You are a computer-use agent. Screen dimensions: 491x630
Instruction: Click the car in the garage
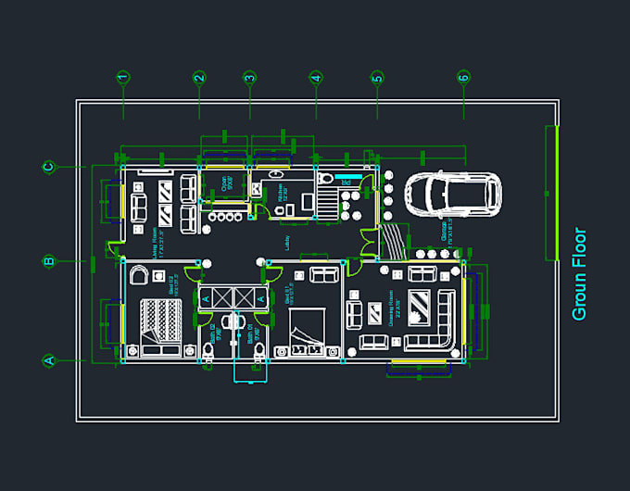452,194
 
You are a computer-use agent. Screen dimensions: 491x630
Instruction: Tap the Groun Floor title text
579,274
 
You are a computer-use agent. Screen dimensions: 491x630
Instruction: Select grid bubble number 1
123,78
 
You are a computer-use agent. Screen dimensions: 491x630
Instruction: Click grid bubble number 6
463,78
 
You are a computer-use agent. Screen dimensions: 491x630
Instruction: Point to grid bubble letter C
48,167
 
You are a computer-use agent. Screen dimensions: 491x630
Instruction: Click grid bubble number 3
249,78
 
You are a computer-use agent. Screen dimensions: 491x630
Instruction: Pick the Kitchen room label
281,194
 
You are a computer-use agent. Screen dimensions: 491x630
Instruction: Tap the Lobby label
288,243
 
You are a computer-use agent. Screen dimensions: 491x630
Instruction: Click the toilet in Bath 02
208,350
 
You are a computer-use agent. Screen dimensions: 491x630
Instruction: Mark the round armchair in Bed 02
139,274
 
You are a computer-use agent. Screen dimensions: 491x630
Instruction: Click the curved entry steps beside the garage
394,243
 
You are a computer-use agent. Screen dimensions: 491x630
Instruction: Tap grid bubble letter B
48,262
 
